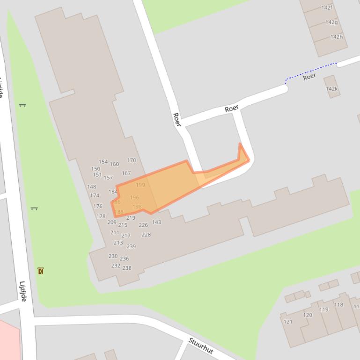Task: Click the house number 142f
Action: pyautogui.click(x=327, y=7)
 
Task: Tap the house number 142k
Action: pyautogui.click(x=331, y=89)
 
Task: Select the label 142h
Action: pyautogui.click(x=337, y=37)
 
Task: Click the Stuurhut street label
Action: pyautogui.click(x=201, y=346)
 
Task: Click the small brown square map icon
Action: pyautogui.click(x=41, y=271)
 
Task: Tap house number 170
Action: pyautogui.click(x=132, y=160)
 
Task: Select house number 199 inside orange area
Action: pyautogui.click(x=140, y=185)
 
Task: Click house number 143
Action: pyautogui.click(x=156, y=222)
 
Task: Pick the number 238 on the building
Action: pyautogui.click(x=127, y=268)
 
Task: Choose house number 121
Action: pyautogui.click(x=288, y=322)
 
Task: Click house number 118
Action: pyautogui.click(x=338, y=305)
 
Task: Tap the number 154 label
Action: pyautogui.click(x=103, y=162)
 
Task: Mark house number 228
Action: pyautogui.click(x=146, y=235)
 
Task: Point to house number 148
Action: pyautogui.click(x=91, y=187)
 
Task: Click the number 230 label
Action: pyautogui.click(x=113, y=256)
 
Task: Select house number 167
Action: pyautogui.click(x=126, y=173)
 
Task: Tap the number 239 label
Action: pyautogui.click(x=131, y=246)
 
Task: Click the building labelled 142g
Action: pyautogui.click(x=331, y=22)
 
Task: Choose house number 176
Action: pyautogui.click(x=97, y=206)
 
